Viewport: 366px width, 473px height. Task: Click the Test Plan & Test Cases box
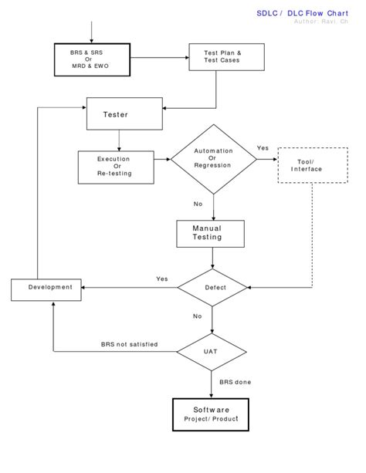222,56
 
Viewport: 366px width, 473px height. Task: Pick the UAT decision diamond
211,350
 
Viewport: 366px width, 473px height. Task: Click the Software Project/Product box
211,414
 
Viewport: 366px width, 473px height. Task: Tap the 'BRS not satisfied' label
129,344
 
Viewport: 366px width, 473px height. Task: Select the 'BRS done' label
235,382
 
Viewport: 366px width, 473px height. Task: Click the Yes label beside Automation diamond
263,147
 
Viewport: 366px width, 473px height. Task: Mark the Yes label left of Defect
162,279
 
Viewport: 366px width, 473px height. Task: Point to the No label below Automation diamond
198,204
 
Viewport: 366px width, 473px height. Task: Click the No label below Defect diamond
197,316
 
